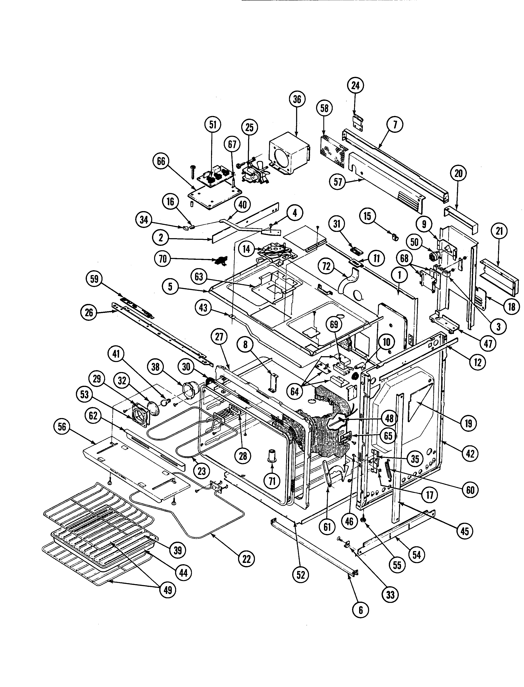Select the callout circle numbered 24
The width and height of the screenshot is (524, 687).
[356, 86]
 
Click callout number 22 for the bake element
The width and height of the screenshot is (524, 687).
[246, 559]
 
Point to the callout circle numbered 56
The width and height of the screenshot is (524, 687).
[62, 427]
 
